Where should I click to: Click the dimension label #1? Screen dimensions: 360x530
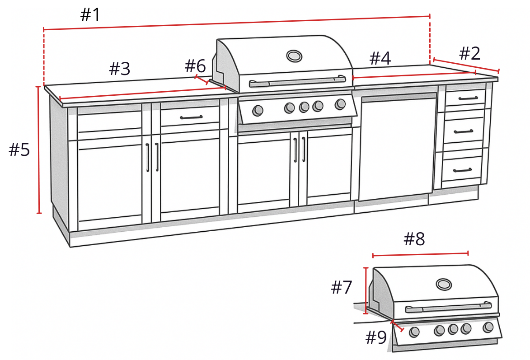(90, 15)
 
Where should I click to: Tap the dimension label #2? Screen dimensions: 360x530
(469, 54)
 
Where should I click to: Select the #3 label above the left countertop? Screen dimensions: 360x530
(120, 69)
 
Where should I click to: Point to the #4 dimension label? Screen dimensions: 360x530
(380, 59)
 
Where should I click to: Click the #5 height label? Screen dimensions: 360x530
(19, 150)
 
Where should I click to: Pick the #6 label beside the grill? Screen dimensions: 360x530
(195, 66)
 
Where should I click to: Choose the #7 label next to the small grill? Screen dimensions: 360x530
(342, 287)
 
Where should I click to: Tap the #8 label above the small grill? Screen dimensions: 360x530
(414, 239)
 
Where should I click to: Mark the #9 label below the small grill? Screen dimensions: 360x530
(376, 337)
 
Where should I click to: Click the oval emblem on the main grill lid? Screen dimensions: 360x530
(294, 56)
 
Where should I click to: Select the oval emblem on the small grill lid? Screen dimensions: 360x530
(444, 284)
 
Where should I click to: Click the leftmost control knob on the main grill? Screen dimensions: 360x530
(258, 110)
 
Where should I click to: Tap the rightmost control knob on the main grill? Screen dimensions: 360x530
(340, 105)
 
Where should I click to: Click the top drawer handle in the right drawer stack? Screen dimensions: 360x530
(465, 98)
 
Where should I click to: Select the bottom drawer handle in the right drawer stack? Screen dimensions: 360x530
(462, 170)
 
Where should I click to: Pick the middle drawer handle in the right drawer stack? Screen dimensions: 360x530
(464, 131)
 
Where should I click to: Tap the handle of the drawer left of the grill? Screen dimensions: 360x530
(191, 117)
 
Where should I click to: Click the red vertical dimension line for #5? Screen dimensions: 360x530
(39, 150)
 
